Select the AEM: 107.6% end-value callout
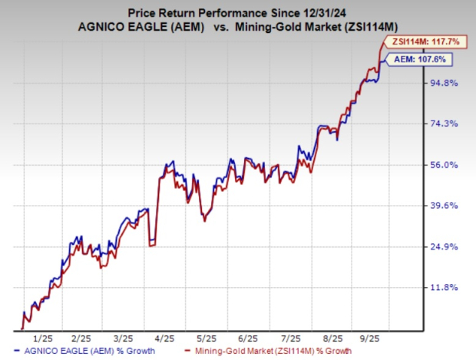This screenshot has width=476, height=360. point(416,59)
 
